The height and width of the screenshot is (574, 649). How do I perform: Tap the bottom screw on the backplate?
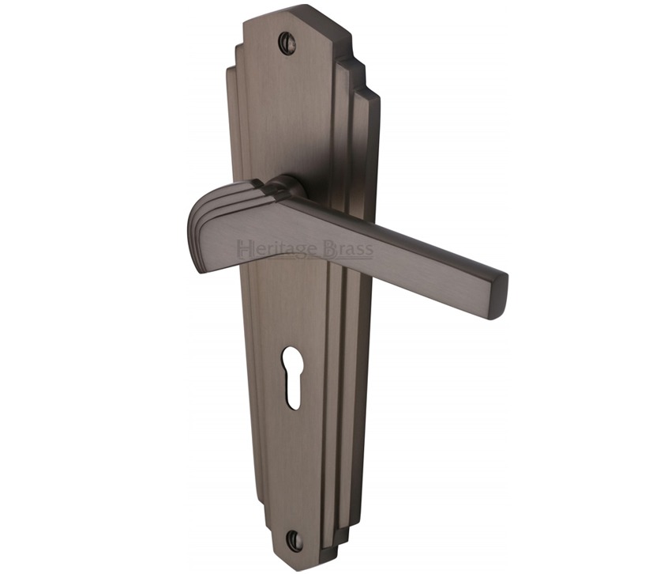click(294, 538)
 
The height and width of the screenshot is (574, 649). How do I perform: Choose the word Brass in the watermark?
click(348, 249)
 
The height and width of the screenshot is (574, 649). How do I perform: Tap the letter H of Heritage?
click(243, 249)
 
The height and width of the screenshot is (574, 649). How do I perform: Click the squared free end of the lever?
click(499, 296)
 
